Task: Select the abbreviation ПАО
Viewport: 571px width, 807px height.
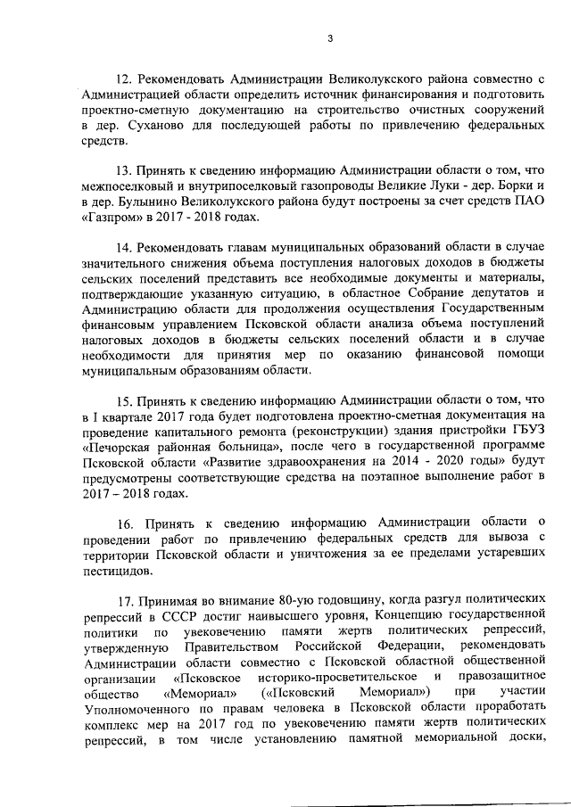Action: point(529,201)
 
